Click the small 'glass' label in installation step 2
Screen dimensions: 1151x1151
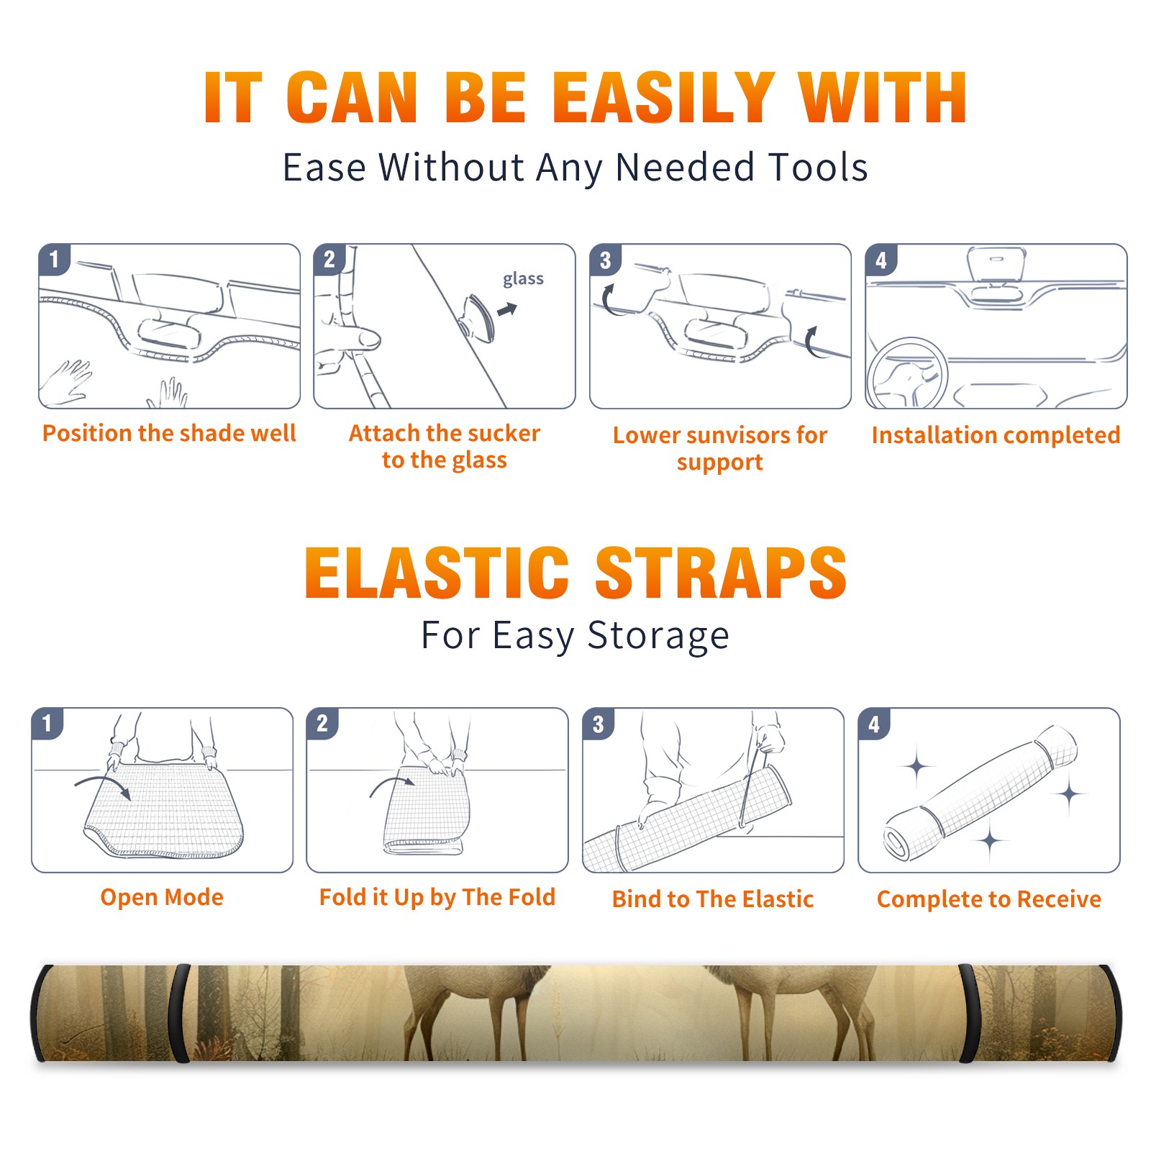(523, 279)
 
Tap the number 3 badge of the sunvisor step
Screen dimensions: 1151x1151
(605, 260)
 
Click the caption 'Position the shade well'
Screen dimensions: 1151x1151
(169, 433)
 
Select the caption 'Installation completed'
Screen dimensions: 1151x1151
(996, 435)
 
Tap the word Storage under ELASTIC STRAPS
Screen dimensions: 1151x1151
(658, 636)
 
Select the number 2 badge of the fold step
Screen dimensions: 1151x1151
(322, 723)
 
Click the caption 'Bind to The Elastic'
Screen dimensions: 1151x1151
(713, 899)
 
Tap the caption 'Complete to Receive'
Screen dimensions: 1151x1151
(989, 899)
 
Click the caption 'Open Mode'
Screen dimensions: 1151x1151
(162, 897)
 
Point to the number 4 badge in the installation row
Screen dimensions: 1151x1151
(881, 260)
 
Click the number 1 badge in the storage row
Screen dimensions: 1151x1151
(47, 723)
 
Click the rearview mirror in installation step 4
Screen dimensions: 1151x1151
(996, 265)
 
